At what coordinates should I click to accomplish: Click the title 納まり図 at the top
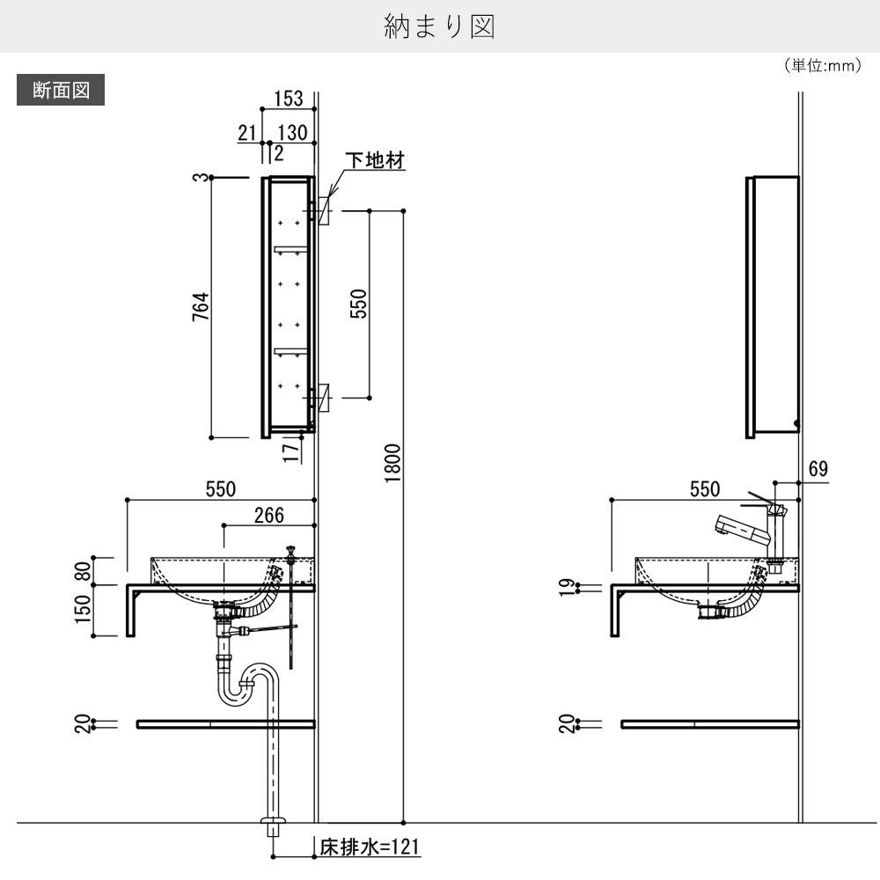point(440,27)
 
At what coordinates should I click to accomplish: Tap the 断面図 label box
point(61,91)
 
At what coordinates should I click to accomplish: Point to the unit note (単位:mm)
point(821,66)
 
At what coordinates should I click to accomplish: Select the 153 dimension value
point(287,99)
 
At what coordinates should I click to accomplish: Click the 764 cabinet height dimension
point(200,307)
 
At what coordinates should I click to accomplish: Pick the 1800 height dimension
point(392,462)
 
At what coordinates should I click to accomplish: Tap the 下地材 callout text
point(374,161)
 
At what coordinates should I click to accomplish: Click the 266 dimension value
point(268,515)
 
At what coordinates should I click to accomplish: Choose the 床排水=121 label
point(370,848)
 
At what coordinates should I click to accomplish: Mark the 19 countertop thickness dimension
point(568,587)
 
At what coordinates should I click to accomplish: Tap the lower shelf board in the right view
point(709,724)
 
